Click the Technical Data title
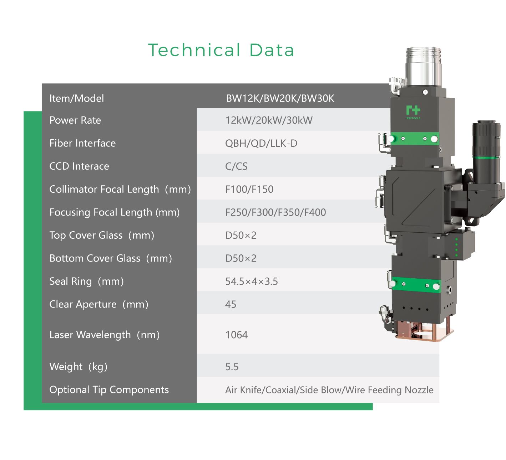221,50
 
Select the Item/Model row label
76,98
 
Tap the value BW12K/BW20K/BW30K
280,98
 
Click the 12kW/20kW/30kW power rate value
269,120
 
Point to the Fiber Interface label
82,143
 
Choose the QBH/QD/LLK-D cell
261,143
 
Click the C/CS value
236,166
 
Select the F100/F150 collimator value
249,189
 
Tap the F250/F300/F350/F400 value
275,212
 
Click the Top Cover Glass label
102,235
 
